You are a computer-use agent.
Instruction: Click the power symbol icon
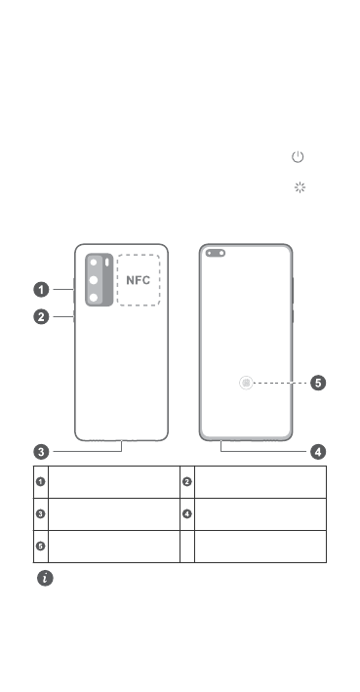298,157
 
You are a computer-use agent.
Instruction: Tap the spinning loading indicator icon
300,187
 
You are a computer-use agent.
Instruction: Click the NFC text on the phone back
139,280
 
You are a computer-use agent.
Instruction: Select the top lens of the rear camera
94,263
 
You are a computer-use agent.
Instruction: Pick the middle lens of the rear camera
94,280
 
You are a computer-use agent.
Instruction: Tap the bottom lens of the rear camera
94,298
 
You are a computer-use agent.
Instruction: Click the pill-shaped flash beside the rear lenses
107,263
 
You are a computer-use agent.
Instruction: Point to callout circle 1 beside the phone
42,290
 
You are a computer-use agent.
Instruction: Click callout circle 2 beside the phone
42,317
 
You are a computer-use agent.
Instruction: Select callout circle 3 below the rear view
42,452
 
